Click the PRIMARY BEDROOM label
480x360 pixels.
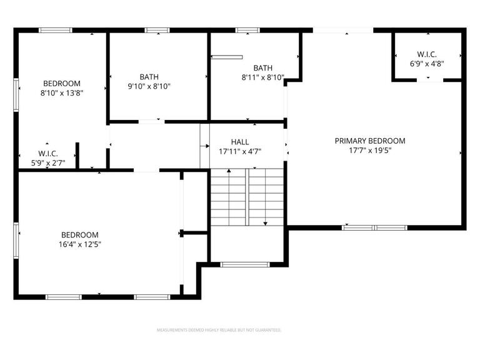point(370,141)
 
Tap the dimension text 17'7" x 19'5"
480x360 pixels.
point(370,151)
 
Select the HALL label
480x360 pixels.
point(240,142)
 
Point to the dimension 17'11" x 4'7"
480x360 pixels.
point(240,151)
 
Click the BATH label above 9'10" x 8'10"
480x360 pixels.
point(149,76)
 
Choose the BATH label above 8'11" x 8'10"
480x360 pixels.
point(262,68)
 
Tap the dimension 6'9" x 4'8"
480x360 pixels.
point(427,64)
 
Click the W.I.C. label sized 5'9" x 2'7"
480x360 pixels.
point(48,153)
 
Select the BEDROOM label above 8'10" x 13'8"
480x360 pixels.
point(61,83)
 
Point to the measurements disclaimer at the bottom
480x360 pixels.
point(219,330)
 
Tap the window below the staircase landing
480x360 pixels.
point(246,264)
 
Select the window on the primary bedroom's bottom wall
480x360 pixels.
point(374,227)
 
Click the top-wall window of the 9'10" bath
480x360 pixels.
point(157,30)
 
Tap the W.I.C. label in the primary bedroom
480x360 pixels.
point(427,54)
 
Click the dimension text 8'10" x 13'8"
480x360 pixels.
point(61,93)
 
